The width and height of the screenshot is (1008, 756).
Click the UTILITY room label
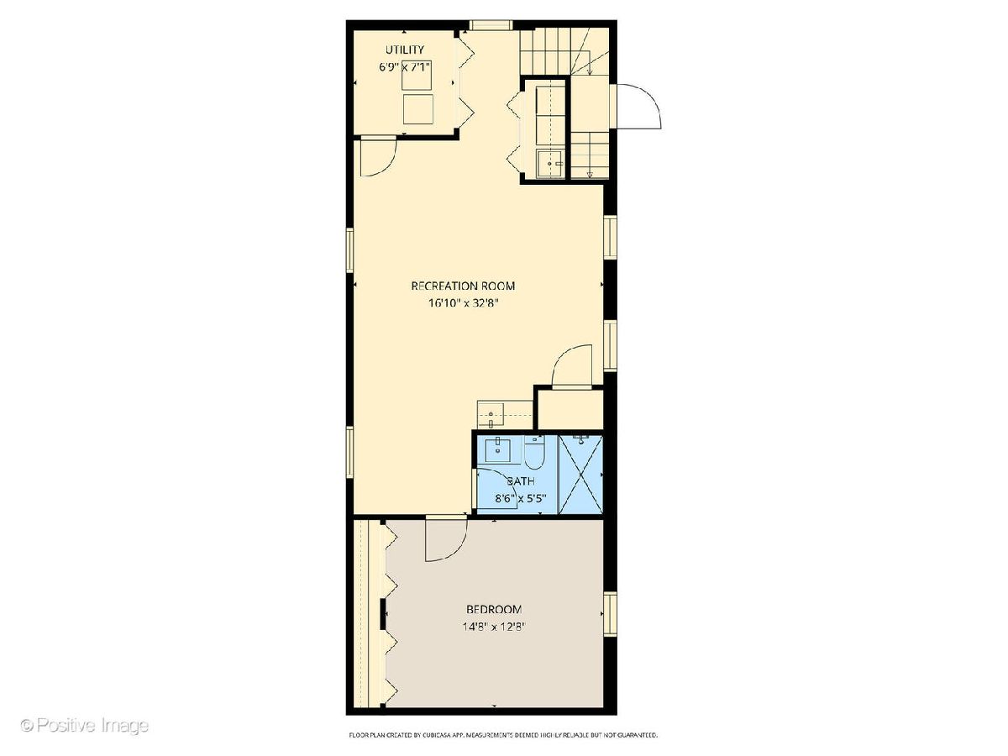click(x=404, y=49)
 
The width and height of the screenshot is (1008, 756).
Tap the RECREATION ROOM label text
click(x=463, y=286)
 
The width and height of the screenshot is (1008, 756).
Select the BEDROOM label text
click(x=494, y=610)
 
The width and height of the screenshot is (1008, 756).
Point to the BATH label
click(x=520, y=481)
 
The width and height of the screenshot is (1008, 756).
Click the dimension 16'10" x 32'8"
click(x=463, y=303)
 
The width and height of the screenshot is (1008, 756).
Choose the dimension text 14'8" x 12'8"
click(x=494, y=627)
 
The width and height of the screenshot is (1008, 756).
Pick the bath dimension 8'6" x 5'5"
click(x=520, y=498)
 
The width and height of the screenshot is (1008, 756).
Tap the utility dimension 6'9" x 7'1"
click(x=404, y=67)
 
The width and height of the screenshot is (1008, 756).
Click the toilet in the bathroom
click(x=534, y=452)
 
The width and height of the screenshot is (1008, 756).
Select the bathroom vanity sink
click(x=497, y=451)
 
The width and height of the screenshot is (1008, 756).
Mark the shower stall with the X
click(x=580, y=474)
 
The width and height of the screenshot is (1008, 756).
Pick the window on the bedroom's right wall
click(x=610, y=614)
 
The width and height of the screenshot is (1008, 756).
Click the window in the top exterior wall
click(x=490, y=25)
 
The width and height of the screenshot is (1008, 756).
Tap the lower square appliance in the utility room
click(x=417, y=109)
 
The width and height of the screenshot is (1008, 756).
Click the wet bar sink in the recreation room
click(x=491, y=414)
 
